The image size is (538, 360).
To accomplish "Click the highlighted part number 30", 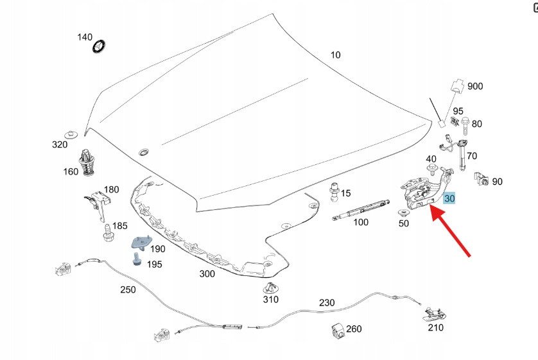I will [x=449, y=199].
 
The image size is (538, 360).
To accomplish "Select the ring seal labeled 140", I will [x=100, y=46].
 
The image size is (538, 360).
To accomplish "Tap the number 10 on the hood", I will [x=335, y=55].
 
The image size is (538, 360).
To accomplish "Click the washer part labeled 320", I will [x=73, y=133].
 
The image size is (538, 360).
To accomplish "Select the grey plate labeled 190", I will [x=139, y=242].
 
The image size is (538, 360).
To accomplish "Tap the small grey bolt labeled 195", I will [x=136, y=259].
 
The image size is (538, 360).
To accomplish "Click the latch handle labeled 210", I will [x=434, y=314].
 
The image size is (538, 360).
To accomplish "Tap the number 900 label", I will [x=475, y=86].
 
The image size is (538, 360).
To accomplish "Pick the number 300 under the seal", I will [x=207, y=273].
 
